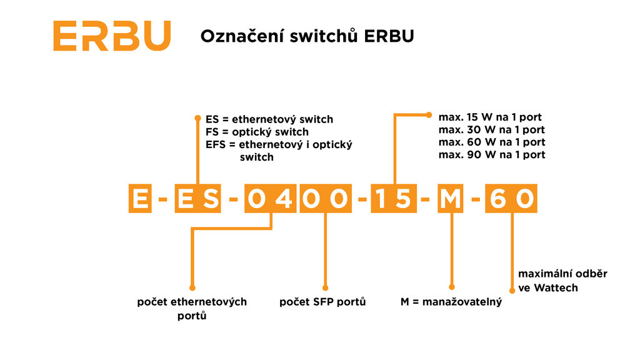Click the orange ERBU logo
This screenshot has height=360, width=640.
[111, 36]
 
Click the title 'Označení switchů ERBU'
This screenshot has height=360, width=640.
[307, 36]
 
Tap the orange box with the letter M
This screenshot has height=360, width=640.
[451, 199]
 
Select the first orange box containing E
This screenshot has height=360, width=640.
[140, 199]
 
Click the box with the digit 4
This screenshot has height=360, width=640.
[282, 199]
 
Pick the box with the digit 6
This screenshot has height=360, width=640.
[498, 199]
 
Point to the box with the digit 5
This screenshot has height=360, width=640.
[404, 199]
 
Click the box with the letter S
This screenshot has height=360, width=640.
[211, 199]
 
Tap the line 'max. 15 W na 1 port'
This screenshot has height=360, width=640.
[489, 117]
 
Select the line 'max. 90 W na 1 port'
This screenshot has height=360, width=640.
[491, 154]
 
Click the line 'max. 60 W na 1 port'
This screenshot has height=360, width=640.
[491, 142]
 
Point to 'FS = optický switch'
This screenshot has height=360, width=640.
[257, 132]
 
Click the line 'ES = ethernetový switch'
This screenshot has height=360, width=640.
[269, 119]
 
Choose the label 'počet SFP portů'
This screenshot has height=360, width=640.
[322, 302]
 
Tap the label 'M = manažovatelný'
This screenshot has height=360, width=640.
[451, 302]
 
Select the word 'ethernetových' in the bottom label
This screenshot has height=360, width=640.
[212, 302]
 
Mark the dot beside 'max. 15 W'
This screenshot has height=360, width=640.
[429, 115]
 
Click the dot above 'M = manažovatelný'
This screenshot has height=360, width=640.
[451, 284]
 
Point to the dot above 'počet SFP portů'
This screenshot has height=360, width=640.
[324, 284]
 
